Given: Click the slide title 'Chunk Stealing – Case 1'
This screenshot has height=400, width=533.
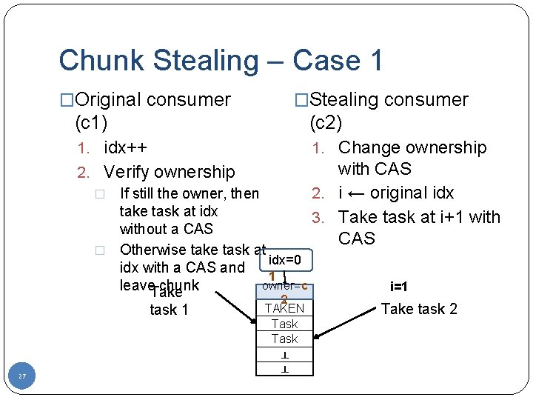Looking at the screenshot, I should (x=221, y=60).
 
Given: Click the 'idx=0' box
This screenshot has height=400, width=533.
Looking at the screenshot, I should (x=284, y=260).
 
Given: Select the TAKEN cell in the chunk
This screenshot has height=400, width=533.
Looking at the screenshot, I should (x=284, y=308).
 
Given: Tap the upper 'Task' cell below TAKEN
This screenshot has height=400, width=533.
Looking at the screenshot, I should (x=284, y=324).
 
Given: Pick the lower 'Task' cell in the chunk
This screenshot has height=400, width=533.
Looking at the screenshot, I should (x=284, y=339).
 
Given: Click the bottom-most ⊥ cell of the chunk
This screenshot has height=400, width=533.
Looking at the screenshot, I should (x=284, y=368).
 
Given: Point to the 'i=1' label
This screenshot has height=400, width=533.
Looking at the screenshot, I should (x=420, y=287).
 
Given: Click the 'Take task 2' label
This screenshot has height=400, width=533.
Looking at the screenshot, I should (x=420, y=309).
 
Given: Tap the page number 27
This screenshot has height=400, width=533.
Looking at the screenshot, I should (x=22, y=377).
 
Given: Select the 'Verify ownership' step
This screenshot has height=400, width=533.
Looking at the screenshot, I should (x=169, y=172).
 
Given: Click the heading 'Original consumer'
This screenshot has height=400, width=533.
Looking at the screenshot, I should (x=153, y=99).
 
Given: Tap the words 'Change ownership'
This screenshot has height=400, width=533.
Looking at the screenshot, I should (x=412, y=147).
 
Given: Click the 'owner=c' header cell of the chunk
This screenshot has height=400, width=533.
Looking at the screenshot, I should (x=284, y=286).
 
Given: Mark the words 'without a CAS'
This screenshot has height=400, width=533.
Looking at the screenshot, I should (x=166, y=229).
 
